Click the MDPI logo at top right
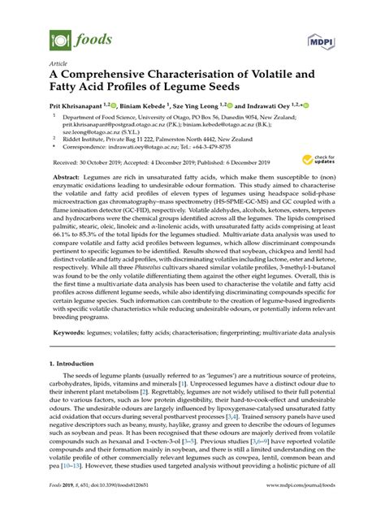pos(322,39)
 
